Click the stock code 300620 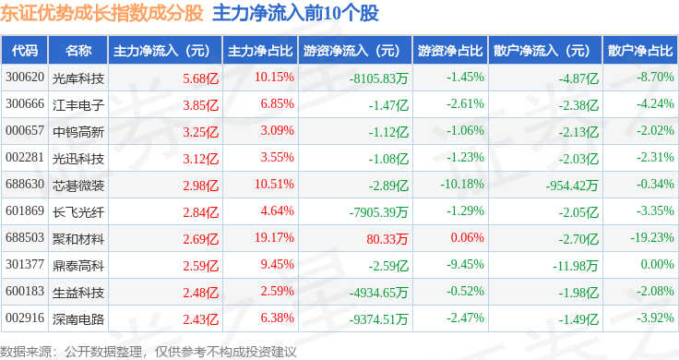pyautogui.click(x=25, y=78)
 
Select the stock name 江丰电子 pyautogui.click(x=78, y=105)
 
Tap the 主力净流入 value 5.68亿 pyautogui.click(x=200, y=78)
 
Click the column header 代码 pyautogui.click(x=25, y=50)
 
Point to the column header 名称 pyautogui.click(x=78, y=50)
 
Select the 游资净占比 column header pyautogui.click(x=450, y=50)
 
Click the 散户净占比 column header pyautogui.click(x=640, y=50)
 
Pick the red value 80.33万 pyautogui.click(x=387, y=239)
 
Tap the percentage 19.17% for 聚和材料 pyautogui.click(x=274, y=237)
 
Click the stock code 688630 pyautogui.click(x=25, y=184)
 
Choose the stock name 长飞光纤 pyautogui.click(x=78, y=211)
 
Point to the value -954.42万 pyautogui.click(x=572, y=186)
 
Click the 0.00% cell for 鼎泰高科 pyautogui.click(x=658, y=264)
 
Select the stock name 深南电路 pyautogui.click(x=78, y=318)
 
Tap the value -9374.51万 pyautogui.click(x=378, y=319)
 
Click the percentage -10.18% pyautogui.click(x=462, y=184)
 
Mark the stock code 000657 pyautogui.click(x=25, y=130)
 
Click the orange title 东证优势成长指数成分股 pyautogui.click(x=101, y=13)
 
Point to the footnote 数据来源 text pyautogui.click(x=26, y=352)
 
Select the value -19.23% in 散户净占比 pyautogui.click(x=652, y=237)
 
